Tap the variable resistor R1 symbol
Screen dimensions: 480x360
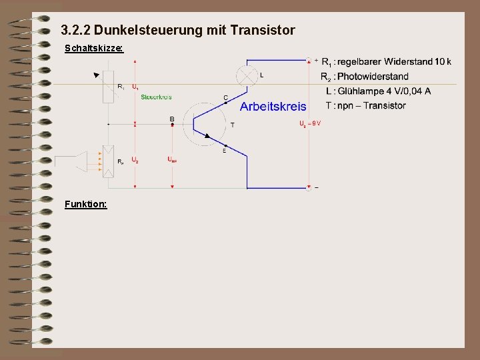pos(109,86)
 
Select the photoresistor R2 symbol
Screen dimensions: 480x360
pos(109,160)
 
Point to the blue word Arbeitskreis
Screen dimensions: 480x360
pos(273,107)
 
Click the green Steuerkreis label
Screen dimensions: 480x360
pos(157,97)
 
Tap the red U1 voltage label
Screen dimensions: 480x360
pos(135,87)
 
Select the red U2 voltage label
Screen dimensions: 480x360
pos(135,160)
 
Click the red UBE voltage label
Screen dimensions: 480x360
pos(172,159)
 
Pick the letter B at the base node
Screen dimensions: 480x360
pos(172,119)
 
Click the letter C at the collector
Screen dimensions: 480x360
pos(225,97)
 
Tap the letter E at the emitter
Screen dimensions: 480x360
pos(224,151)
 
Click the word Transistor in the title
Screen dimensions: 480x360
pos(261,30)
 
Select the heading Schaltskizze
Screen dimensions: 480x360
pos(93,49)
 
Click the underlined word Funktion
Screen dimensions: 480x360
pos(85,203)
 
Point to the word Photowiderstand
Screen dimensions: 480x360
pos(373,77)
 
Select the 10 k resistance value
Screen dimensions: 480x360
pos(442,62)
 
